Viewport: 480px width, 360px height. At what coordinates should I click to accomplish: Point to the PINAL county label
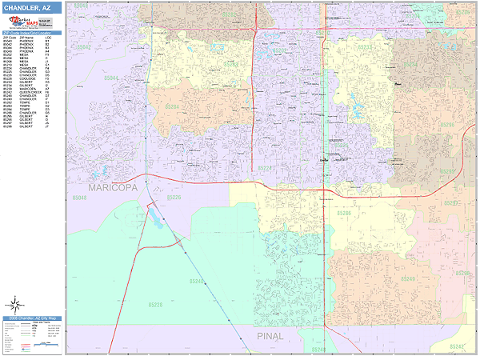(270, 337)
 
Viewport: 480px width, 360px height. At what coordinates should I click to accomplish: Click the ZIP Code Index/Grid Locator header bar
(31, 33)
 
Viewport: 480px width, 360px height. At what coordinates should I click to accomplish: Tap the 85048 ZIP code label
(81, 197)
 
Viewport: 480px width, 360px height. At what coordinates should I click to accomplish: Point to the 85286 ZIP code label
(344, 214)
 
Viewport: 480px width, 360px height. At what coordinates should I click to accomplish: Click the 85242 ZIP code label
(458, 346)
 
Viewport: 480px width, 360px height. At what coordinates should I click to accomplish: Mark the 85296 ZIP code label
(446, 126)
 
